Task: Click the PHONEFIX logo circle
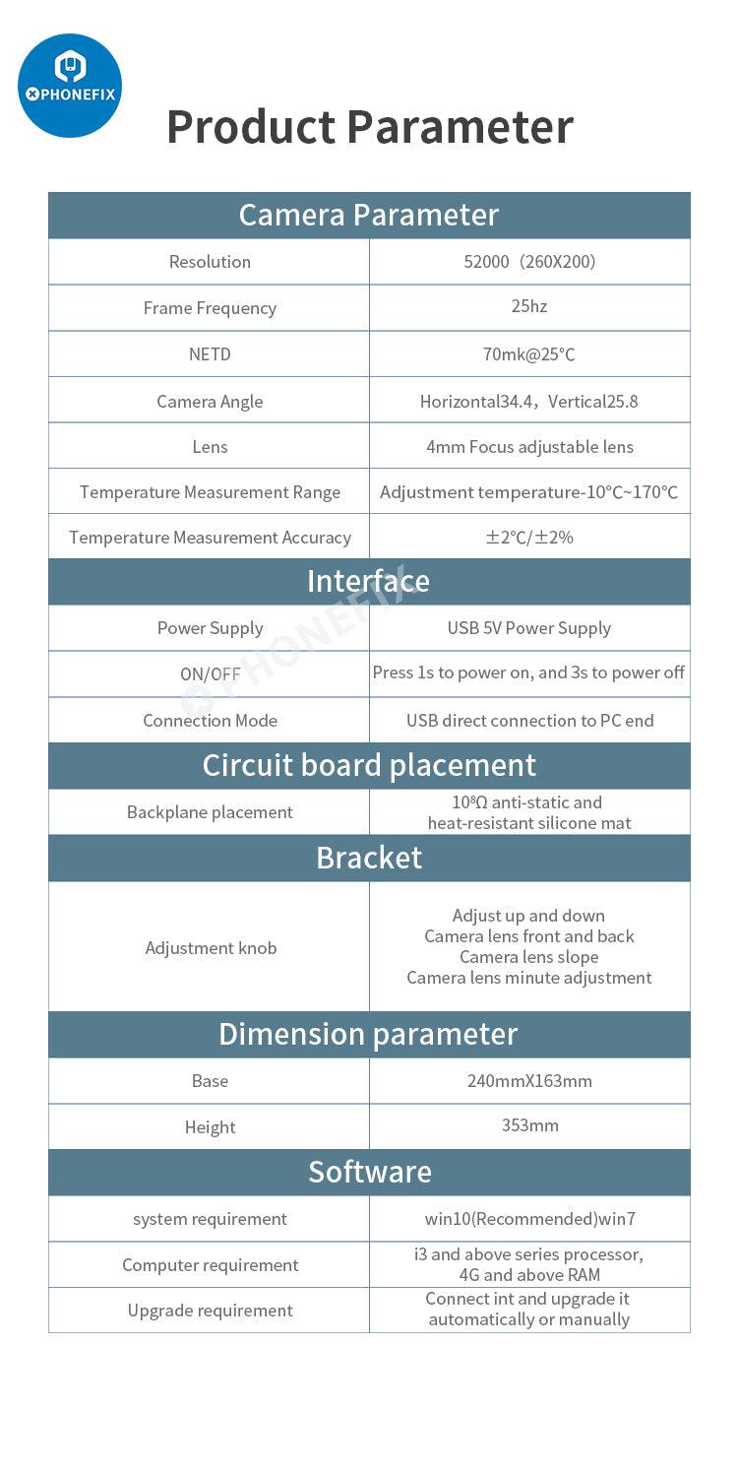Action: [70, 85]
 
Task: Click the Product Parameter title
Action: [369, 127]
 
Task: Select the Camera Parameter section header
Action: [369, 215]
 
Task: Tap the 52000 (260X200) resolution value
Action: [529, 262]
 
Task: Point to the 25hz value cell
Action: [529, 306]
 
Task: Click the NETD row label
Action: [210, 354]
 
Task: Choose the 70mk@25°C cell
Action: [529, 354]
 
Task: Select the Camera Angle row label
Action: [210, 401]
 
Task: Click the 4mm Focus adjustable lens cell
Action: [529, 447]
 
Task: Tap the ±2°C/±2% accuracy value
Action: [529, 538]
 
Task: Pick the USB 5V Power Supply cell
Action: [529, 628]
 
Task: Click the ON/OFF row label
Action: [210, 674]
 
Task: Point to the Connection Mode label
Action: [210, 721]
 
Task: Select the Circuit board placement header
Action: [369, 765]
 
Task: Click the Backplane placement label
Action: [210, 812]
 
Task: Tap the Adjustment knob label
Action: [211, 948]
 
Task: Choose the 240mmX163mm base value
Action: [529, 1081]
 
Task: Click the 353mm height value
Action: [529, 1125]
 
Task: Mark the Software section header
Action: [369, 1172]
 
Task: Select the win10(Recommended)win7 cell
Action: [529, 1219]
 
